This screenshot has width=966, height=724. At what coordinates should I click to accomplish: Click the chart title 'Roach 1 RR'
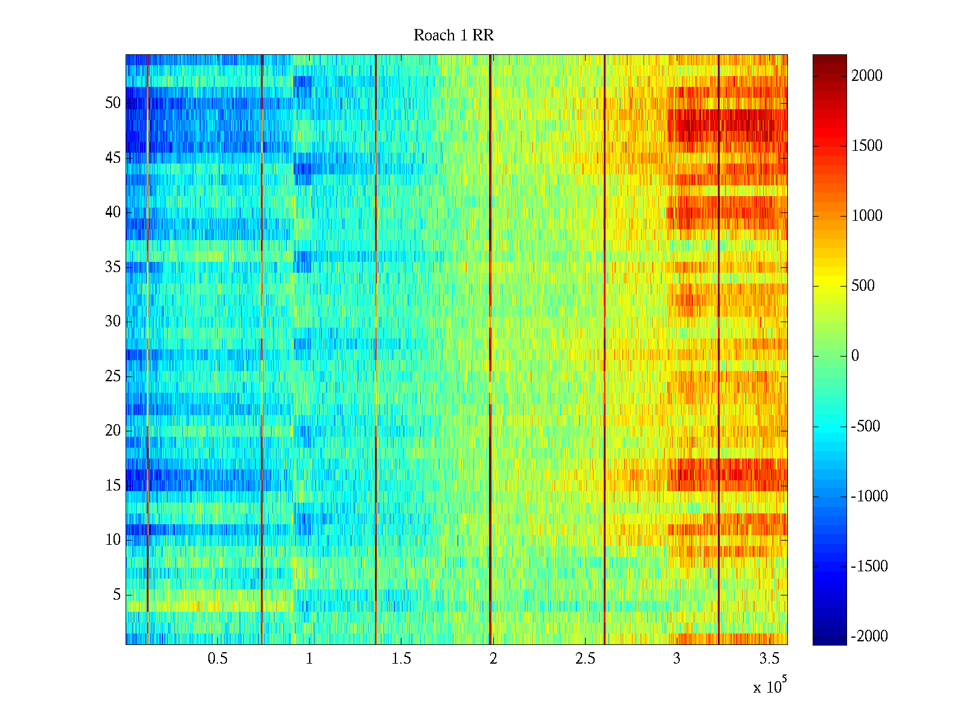(x=453, y=36)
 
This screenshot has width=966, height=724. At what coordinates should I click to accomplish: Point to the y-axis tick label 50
(x=113, y=103)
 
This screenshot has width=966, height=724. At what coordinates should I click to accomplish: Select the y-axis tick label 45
(x=113, y=158)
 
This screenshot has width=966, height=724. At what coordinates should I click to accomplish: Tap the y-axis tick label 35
(x=113, y=267)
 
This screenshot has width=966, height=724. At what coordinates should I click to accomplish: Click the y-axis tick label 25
(x=113, y=376)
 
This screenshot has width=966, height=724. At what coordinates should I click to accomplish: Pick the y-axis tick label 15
(x=113, y=486)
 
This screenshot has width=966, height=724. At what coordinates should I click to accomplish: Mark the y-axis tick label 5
(x=117, y=595)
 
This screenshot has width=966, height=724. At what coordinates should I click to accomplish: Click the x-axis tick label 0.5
(x=218, y=659)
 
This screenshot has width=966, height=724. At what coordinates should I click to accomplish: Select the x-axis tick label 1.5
(x=401, y=659)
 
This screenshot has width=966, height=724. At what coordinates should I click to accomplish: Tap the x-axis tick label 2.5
(x=585, y=659)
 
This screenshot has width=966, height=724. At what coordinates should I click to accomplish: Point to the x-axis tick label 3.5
(x=769, y=659)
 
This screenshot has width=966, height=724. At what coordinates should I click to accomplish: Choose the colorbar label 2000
(x=866, y=75)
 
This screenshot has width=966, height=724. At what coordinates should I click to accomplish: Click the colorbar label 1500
(x=866, y=145)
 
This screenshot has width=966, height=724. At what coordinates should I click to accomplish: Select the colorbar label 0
(x=855, y=356)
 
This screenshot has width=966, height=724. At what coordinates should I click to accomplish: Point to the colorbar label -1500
(x=869, y=566)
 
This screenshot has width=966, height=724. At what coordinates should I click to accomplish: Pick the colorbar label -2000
(x=869, y=636)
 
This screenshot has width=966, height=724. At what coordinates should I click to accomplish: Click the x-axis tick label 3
(x=677, y=659)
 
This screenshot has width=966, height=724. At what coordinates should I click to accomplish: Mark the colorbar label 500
(x=863, y=285)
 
